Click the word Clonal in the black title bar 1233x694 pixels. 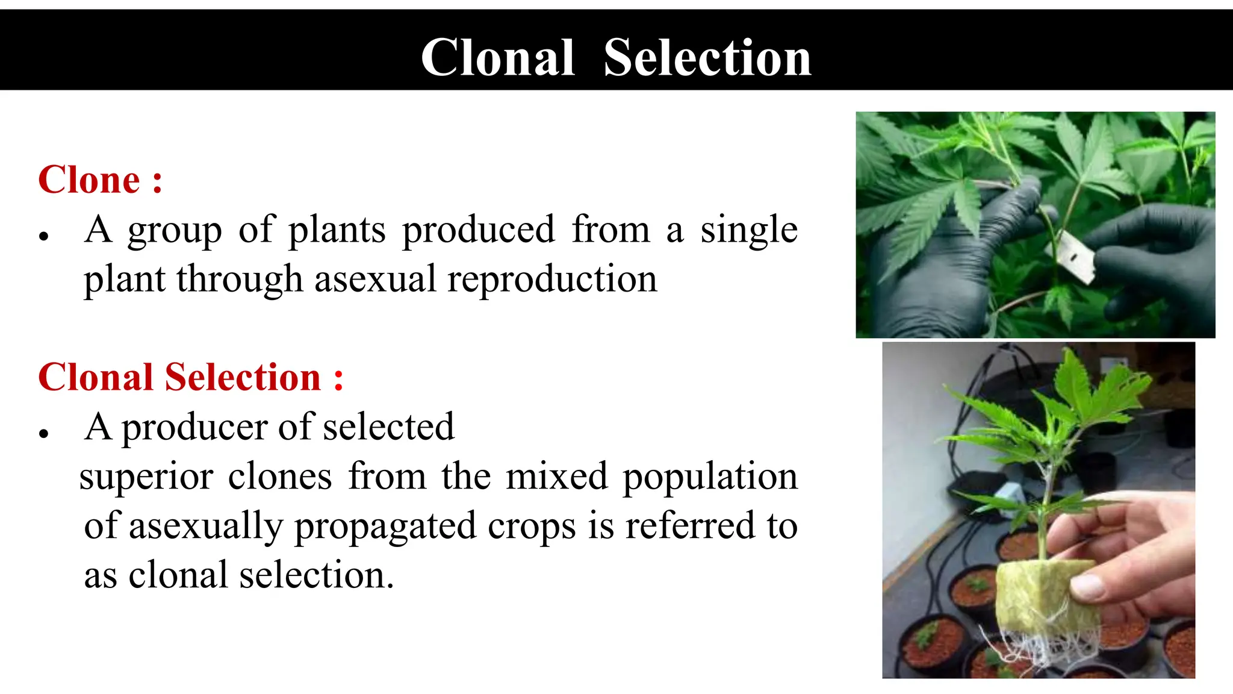pos(497,58)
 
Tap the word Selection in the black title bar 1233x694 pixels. pos(707,58)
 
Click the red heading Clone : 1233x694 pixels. pos(100,180)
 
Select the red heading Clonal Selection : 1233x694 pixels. pos(190,378)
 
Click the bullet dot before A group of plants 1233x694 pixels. pos(43,237)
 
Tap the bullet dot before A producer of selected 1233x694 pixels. pos(43,434)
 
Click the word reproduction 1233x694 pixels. pos(552,280)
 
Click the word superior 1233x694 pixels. pos(146,477)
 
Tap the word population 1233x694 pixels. pos(710,477)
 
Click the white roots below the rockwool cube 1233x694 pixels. pos(1023,651)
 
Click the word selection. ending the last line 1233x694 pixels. pos(316,575)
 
